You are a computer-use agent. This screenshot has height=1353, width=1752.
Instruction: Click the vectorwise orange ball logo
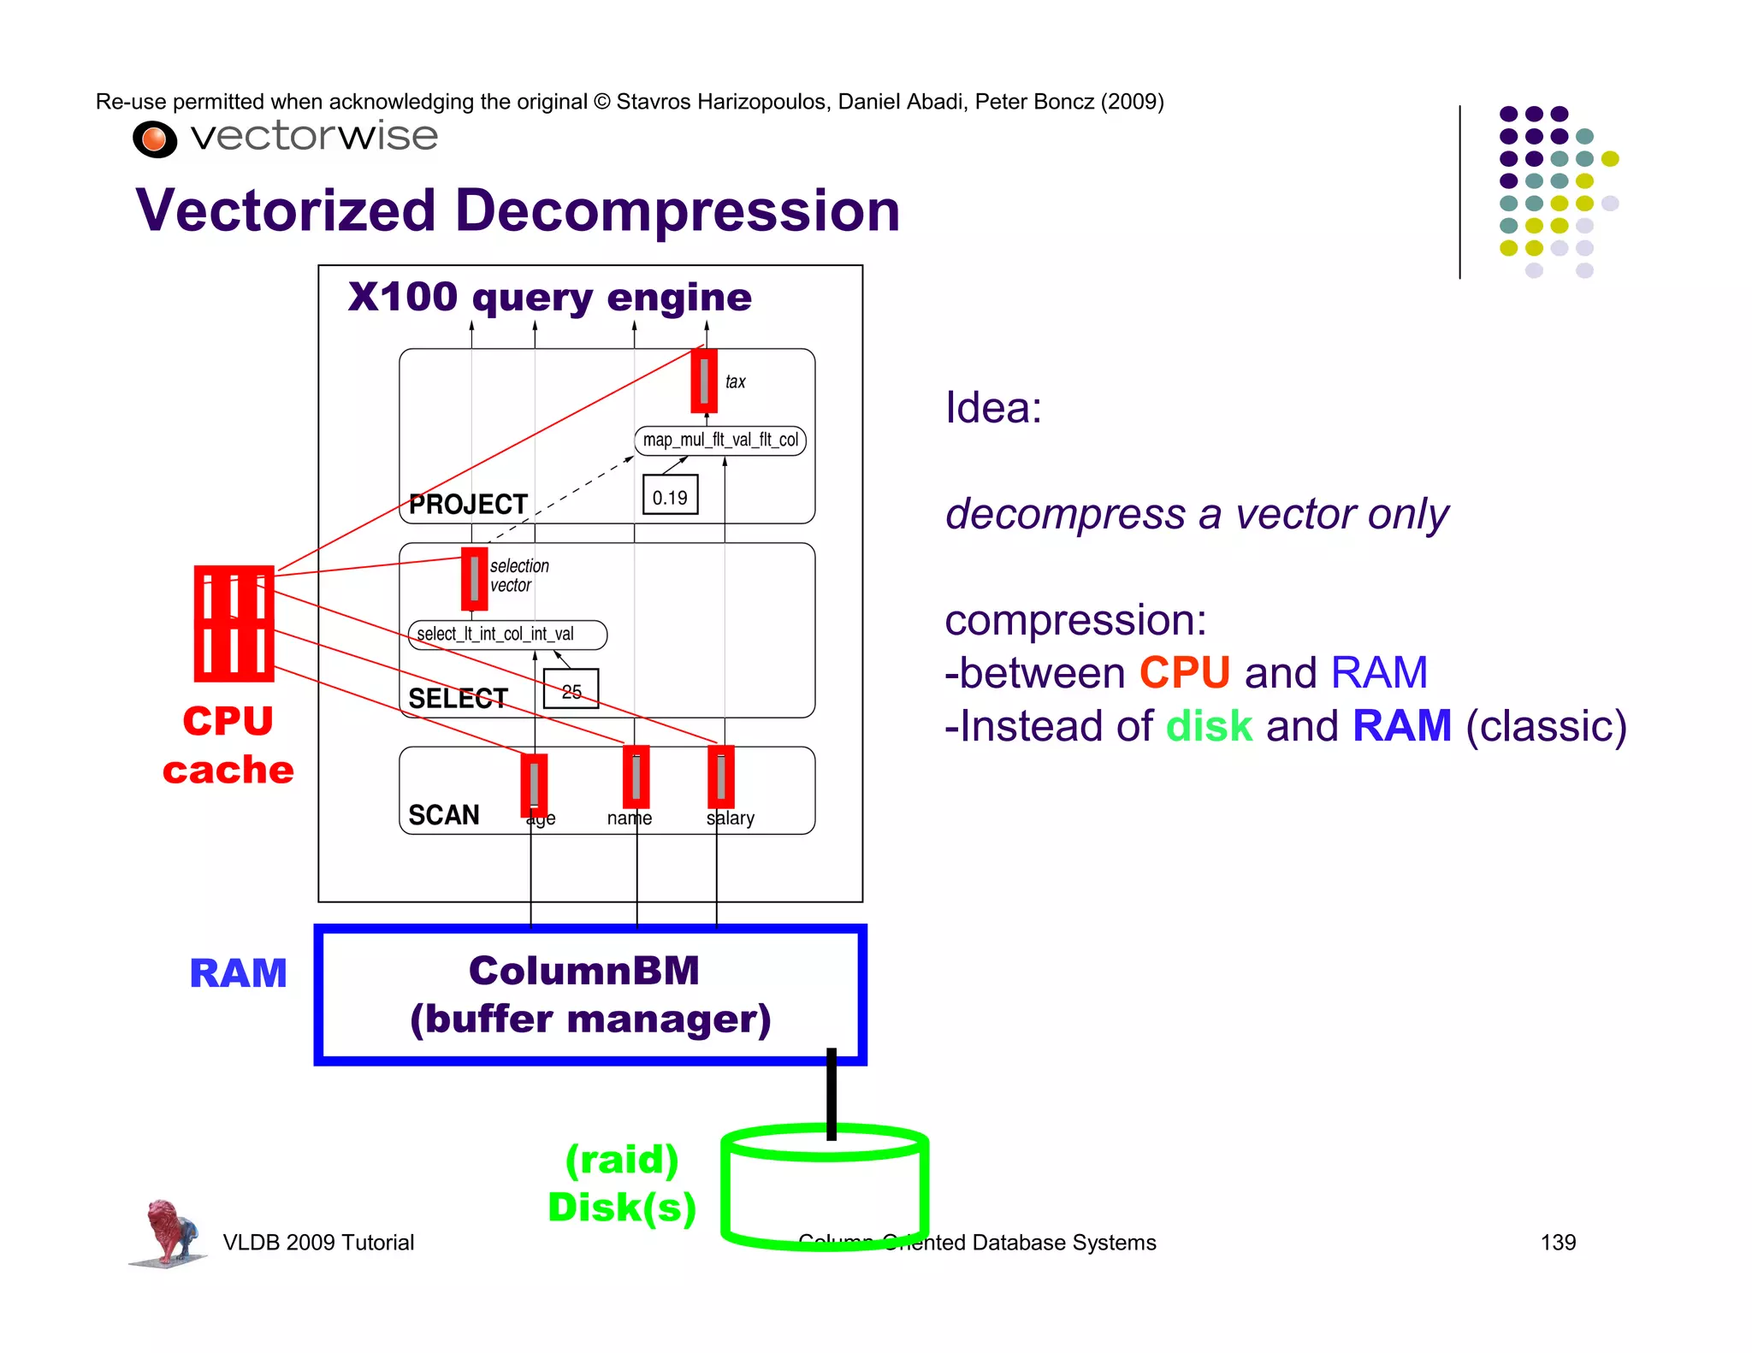pos(155,139)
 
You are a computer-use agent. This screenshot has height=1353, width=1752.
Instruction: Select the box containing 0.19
pos(670,495)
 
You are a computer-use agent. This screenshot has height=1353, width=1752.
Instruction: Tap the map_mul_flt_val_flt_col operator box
pos(720,440)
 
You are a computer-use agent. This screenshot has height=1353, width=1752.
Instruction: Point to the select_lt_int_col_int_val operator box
pos(507,635)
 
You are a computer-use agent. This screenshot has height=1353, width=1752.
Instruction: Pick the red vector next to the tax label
pos(704,381)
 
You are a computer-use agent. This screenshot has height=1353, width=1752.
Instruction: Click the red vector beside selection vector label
pos(474,579)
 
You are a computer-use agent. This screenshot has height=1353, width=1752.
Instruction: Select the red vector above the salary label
pos(720,777)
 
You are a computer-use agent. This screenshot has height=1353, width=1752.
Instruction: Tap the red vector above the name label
pos(636,777)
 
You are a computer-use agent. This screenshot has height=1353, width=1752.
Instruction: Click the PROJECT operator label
pos(468,505)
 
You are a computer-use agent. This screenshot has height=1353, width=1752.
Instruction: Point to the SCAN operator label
pos(444,815)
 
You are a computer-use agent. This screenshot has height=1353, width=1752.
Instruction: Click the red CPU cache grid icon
pos(234,623)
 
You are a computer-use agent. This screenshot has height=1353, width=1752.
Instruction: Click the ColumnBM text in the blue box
pos(584,971)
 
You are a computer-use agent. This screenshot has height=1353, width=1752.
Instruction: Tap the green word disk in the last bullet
pos(1209,726)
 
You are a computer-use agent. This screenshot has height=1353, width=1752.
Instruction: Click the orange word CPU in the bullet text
pos(1185,673)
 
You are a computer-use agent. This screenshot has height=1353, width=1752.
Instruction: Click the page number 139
pos(1557,1243)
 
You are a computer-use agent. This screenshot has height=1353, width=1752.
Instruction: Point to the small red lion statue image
pos(169,1232)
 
